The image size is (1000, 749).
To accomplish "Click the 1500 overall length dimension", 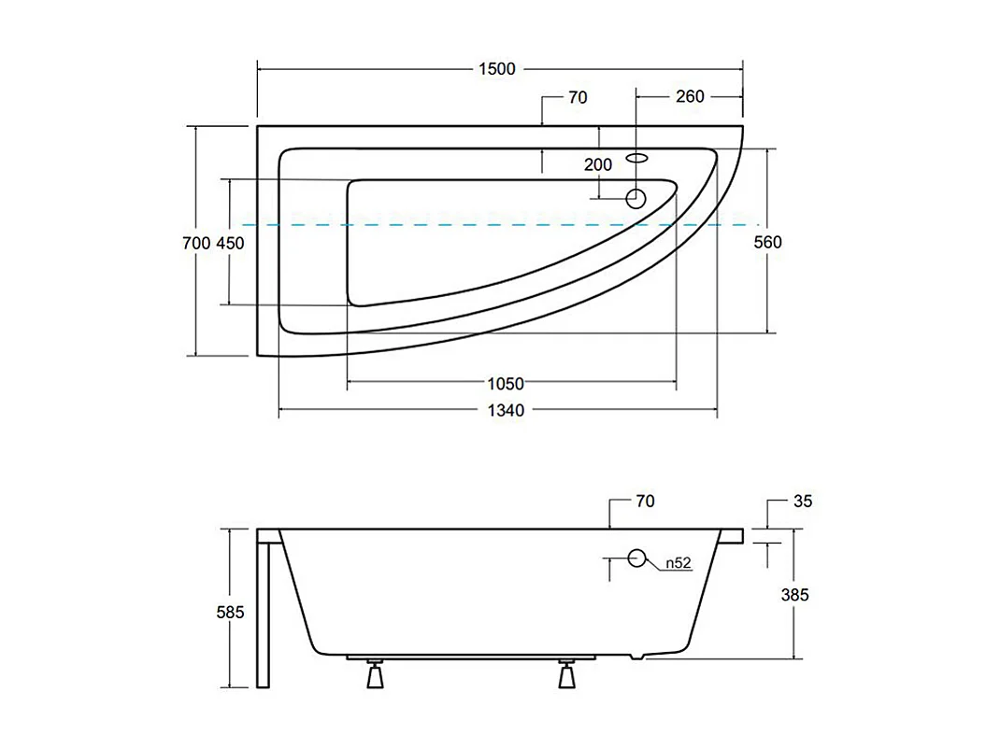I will tap(496, 68).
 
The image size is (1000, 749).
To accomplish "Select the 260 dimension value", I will tap(690, 96).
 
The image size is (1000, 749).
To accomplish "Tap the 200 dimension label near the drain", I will tap(598, 165).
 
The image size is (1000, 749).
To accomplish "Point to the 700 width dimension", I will tap(196, 243).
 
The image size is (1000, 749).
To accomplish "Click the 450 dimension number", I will tap(230, 243).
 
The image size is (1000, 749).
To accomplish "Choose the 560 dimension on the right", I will tap(767, 243).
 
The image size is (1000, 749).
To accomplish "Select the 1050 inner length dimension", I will tap(505, 383).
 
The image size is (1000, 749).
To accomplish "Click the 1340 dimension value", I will tap(505, 410).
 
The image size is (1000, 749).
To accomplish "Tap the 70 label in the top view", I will tap(577, 96).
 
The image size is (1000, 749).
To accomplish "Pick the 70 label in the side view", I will tap(645, 502).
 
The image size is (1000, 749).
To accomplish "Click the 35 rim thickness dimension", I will tap(803, 502).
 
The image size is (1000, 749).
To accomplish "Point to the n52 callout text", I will tap(679, 563).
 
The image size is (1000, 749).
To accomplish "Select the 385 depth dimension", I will tap(794, 595).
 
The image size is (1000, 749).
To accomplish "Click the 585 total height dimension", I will tap(230, 613).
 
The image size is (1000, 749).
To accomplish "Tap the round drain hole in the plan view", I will tap(636, 198).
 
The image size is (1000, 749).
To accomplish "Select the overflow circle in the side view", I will tap(637, 558).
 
